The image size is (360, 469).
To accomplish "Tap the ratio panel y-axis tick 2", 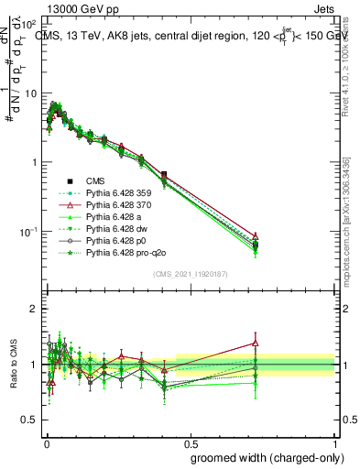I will pos(34,310).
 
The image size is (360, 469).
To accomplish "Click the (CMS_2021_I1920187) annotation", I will pos(190,273).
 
